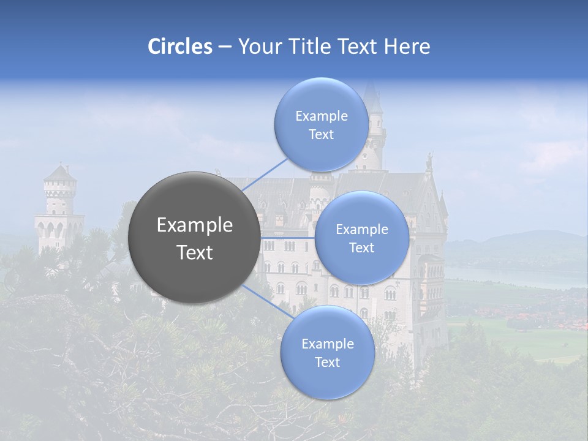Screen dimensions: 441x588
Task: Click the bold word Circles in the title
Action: (179, 47)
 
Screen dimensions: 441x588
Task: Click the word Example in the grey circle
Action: (195, 225)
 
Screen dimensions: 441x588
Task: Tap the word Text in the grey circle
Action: (195, 252)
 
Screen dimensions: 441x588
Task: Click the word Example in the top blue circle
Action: (322, 116)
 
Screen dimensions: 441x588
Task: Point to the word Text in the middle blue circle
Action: (361, 247)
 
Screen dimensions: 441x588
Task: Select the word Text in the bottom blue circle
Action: (327, 362)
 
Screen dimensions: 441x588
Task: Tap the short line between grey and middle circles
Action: (287, 237)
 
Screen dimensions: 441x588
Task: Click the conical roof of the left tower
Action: (60, 173)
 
